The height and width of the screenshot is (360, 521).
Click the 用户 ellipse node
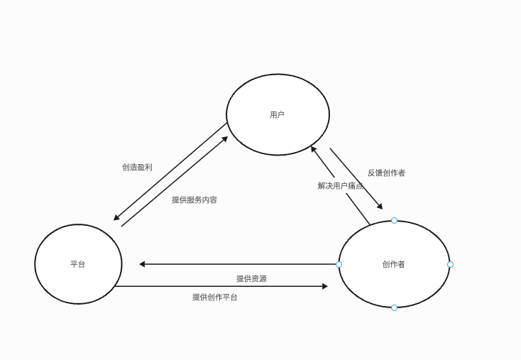[278, 114]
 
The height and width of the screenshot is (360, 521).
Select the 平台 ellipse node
[78, 264]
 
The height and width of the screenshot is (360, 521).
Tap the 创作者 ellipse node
[394, 264]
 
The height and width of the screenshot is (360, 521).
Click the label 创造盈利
[137, 168]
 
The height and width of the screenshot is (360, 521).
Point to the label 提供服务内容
[194, 200]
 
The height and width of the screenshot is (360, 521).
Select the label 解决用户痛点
[341, 186]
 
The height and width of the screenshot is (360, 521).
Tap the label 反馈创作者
[387, 173]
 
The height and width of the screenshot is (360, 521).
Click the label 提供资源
[251, 279]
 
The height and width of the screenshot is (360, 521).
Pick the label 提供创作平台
[215, 298]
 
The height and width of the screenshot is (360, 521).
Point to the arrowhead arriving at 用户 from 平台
[225, 138]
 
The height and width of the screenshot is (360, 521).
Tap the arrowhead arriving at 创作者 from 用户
[380, 207]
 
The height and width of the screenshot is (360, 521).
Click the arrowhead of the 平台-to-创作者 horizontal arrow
[325, 286]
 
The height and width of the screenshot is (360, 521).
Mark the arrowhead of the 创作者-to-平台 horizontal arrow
[143, 264]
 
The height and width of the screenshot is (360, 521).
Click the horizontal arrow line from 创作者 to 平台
[241, 264]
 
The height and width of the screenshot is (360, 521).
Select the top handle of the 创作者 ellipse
[394, 220]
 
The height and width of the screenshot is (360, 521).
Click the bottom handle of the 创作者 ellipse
[394, 307]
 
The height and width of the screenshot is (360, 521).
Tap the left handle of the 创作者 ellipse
[339, 264]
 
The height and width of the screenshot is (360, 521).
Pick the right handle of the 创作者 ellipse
[450, 264]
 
